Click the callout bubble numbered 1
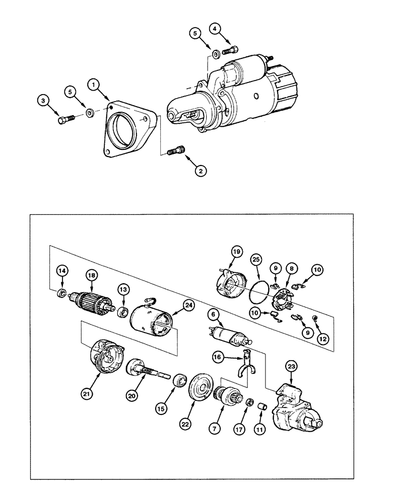point(93,85)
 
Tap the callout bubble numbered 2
point(201,171)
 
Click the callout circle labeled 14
point(61,271)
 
